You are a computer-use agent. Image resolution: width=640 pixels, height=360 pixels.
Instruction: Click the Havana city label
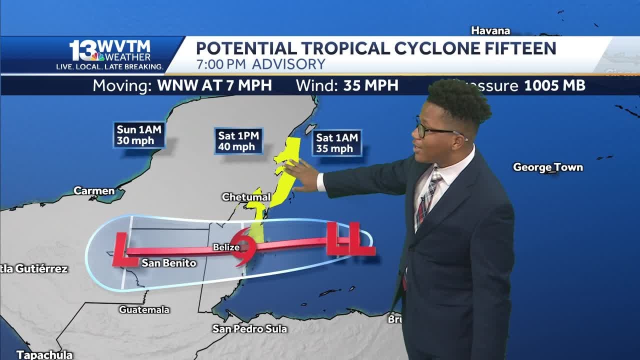pyautogui.click(x=490, y=31)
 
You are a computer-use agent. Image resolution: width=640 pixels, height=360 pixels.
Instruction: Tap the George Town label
pyautogui.click(x=548, y=167)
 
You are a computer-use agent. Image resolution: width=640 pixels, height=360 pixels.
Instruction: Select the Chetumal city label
pyautogui.click(x=246, y=197)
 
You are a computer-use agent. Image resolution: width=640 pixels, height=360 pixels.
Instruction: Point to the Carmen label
pyautogui.click(x=94, y=190)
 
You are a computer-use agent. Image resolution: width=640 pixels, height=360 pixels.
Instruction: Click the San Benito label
pyautogui.click(x=168, y=263)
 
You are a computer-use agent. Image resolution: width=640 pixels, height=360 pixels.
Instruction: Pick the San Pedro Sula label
pyautogui.click(x=249, y=328)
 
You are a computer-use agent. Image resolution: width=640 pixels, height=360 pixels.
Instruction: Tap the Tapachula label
pyautogui.click(x=44, y=355)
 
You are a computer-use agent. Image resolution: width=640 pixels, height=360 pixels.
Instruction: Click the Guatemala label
pyautogui.click(x=144, y=309)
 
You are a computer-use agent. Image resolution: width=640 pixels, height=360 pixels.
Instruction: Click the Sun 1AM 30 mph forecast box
pyautogui.click(x=139, y=135)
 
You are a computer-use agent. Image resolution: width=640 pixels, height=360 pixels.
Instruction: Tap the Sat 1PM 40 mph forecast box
pyautogui.click(x=238, y=141)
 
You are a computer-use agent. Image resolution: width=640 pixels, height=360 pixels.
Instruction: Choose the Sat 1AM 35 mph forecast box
pyautogui.click(x=337, y=143)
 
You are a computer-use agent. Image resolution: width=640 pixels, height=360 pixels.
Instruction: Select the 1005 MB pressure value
pyautogui.click(x=554, y=85)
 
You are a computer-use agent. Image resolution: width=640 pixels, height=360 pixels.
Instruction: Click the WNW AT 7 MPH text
pyautogui.click(x=214, y=85)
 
